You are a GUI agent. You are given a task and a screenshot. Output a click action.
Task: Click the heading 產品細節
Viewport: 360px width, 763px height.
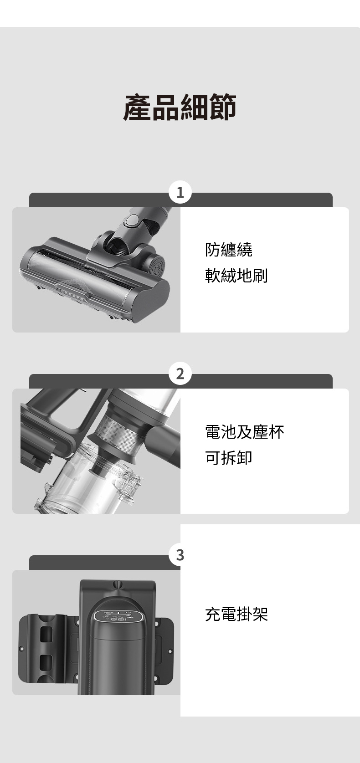click(180, 107)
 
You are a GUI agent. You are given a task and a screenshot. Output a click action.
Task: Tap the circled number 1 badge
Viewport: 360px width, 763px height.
click(180, 192)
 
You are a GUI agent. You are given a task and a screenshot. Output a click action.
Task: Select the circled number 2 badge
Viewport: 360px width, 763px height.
click(180, 374)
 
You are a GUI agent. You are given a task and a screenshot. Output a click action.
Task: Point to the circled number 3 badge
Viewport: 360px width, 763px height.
click(180, 555)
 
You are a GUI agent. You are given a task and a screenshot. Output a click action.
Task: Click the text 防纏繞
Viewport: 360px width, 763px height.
click(229, 250)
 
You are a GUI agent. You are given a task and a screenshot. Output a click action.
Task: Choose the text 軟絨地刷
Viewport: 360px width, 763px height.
click(237, 275)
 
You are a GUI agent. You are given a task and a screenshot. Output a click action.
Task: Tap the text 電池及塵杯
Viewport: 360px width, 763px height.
click(244, 431)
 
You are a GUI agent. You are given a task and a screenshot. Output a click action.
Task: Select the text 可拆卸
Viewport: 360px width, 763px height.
click(229, 457)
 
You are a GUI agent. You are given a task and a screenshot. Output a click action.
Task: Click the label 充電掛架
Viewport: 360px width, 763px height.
click(237, 614)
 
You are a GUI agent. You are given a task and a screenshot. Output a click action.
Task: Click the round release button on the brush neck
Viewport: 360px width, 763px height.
click(131, 221)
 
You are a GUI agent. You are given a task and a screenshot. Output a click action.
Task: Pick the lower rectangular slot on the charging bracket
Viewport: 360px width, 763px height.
click(46, 662)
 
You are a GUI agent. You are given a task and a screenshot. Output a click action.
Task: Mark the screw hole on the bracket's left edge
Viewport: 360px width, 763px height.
click(21, 648)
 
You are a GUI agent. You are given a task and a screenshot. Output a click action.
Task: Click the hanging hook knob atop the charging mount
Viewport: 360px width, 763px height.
click(118, 584)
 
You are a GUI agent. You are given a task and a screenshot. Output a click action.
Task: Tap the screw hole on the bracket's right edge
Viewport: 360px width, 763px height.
click(170, 651)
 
